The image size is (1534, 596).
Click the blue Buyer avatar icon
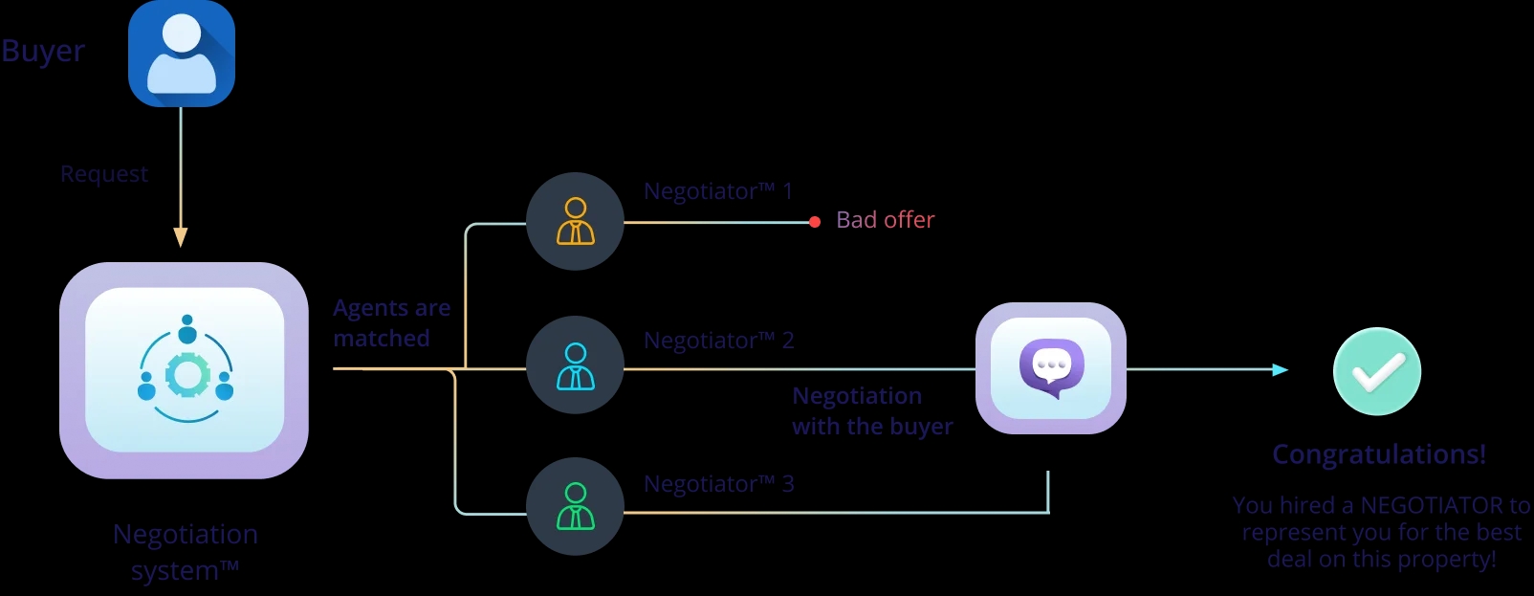pos(182,54)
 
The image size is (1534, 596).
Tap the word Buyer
pos(43,51)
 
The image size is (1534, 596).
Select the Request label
pos(104,174)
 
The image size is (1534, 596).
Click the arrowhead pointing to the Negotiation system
pos(181,237)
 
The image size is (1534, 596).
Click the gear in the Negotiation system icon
pos(187,375)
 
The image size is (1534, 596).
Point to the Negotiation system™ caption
pos(186,552)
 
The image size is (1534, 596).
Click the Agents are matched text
pos(391,323)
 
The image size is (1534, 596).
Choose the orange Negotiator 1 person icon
pos(575,221)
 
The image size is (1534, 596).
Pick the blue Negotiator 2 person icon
pos(575,365)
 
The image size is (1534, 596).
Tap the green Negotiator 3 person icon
pos(575,506)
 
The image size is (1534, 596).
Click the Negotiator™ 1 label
pos(718,191)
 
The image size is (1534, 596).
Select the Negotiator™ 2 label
pos(718,341)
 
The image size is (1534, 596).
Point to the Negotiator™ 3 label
pos(718,484)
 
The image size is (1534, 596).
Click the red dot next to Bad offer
pos(815,222)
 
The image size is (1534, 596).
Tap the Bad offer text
pos(885,220)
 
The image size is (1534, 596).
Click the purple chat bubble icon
pos(1051,368)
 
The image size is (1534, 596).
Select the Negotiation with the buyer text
pos(871,411)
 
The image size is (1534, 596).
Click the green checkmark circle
pos(1377,371)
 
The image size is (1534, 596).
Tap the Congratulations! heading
pos(1379,454)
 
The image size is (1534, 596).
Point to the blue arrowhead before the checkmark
pos(1280,369)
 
